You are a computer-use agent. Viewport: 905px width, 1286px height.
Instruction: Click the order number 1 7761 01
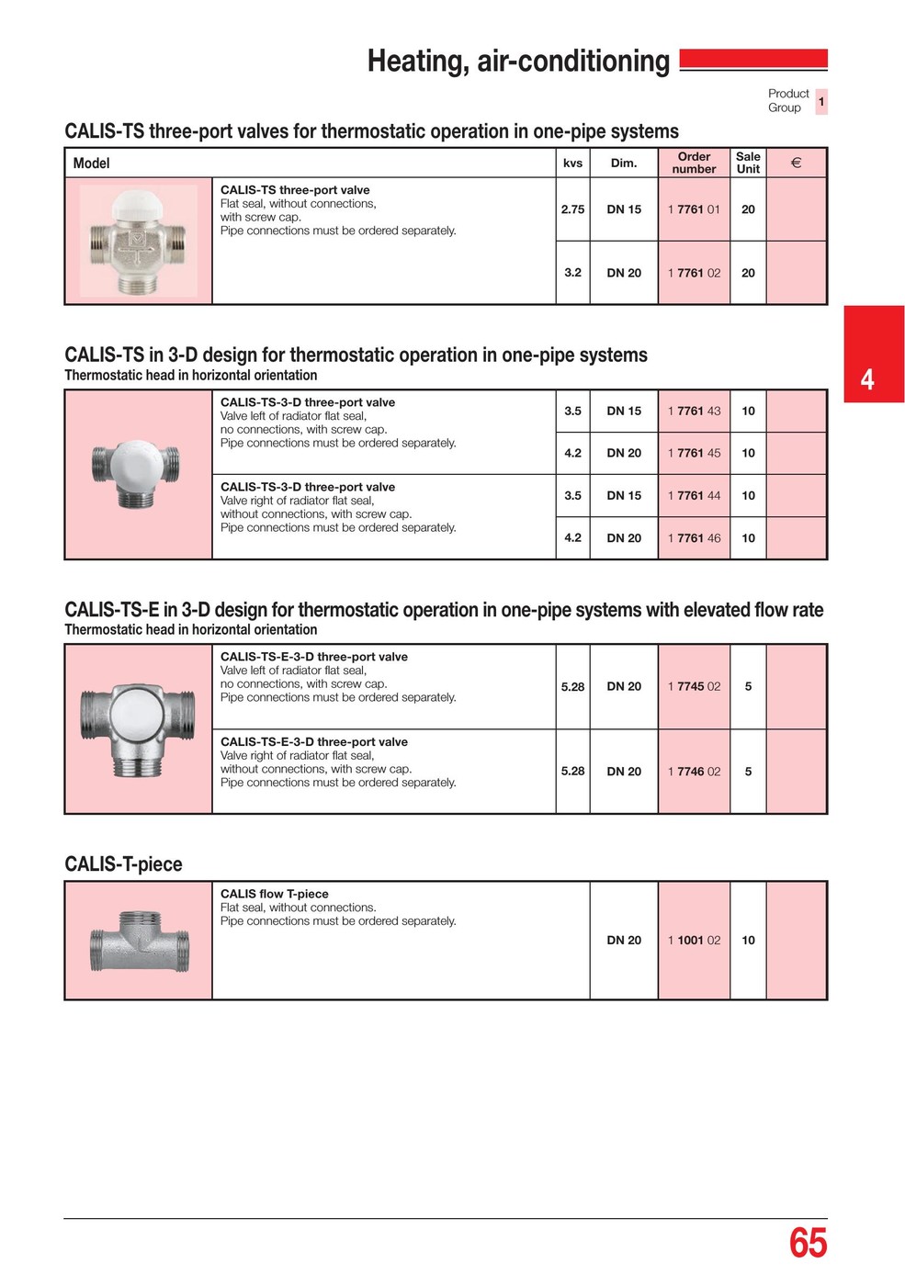694,209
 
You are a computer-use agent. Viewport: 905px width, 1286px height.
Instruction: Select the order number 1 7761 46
694,538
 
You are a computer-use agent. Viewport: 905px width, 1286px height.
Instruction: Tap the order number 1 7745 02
694,686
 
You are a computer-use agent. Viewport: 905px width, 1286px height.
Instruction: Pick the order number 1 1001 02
694,941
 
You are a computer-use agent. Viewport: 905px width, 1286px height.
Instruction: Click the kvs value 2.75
572,209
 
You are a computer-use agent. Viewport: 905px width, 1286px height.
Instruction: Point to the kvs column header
572,164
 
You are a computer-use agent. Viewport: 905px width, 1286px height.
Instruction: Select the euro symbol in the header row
796,163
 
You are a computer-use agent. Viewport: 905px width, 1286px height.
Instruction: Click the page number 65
808,1244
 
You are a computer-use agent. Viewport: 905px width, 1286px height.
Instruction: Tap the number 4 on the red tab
867,378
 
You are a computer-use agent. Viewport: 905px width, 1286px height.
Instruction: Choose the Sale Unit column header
748,163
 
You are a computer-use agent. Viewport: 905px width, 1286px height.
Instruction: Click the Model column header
91,164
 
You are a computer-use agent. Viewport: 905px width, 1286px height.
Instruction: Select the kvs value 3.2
572,273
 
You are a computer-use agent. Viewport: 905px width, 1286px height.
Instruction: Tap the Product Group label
788,100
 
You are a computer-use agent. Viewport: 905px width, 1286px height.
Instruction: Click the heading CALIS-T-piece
123,864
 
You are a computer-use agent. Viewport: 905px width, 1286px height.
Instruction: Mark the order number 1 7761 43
694,411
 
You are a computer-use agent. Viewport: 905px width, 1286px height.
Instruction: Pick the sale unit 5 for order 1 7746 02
748,772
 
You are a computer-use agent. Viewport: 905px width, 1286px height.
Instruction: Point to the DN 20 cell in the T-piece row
624,941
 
